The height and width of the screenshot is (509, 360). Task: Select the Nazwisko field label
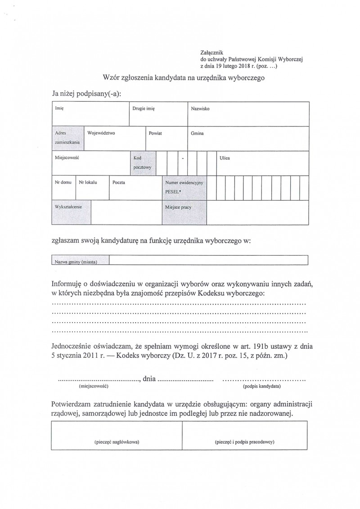(x=200, y=109)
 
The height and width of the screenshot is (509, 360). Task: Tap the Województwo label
(x=101, y=134)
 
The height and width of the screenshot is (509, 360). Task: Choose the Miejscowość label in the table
(x=67, y=158)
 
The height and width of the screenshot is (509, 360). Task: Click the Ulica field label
(x=225, y=158)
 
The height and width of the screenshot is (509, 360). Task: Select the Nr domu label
(x=63, y=183)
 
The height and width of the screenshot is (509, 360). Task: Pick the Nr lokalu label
(x=88, y=183)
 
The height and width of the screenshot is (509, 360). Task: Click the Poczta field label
(x=119, y=183)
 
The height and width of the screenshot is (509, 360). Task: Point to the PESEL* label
(x=173, y=191)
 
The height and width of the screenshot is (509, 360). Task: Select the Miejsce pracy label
(x=178, y=207)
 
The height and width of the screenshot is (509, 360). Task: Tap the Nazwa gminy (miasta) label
(x=76, y=261)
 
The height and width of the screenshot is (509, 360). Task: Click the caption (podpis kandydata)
(x=261, y=387)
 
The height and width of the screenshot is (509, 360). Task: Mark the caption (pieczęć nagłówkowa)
(x=117, y=441)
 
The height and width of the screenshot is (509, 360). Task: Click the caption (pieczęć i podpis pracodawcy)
(x=245, y=441)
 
